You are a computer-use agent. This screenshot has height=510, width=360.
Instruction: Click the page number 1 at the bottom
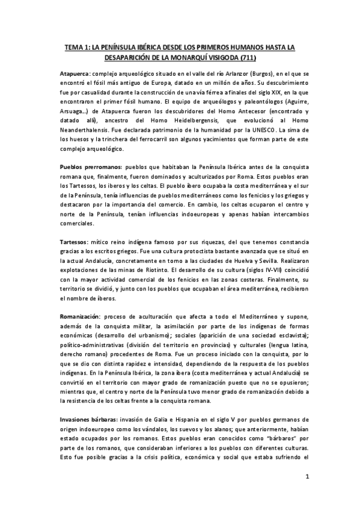click(307, 478)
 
